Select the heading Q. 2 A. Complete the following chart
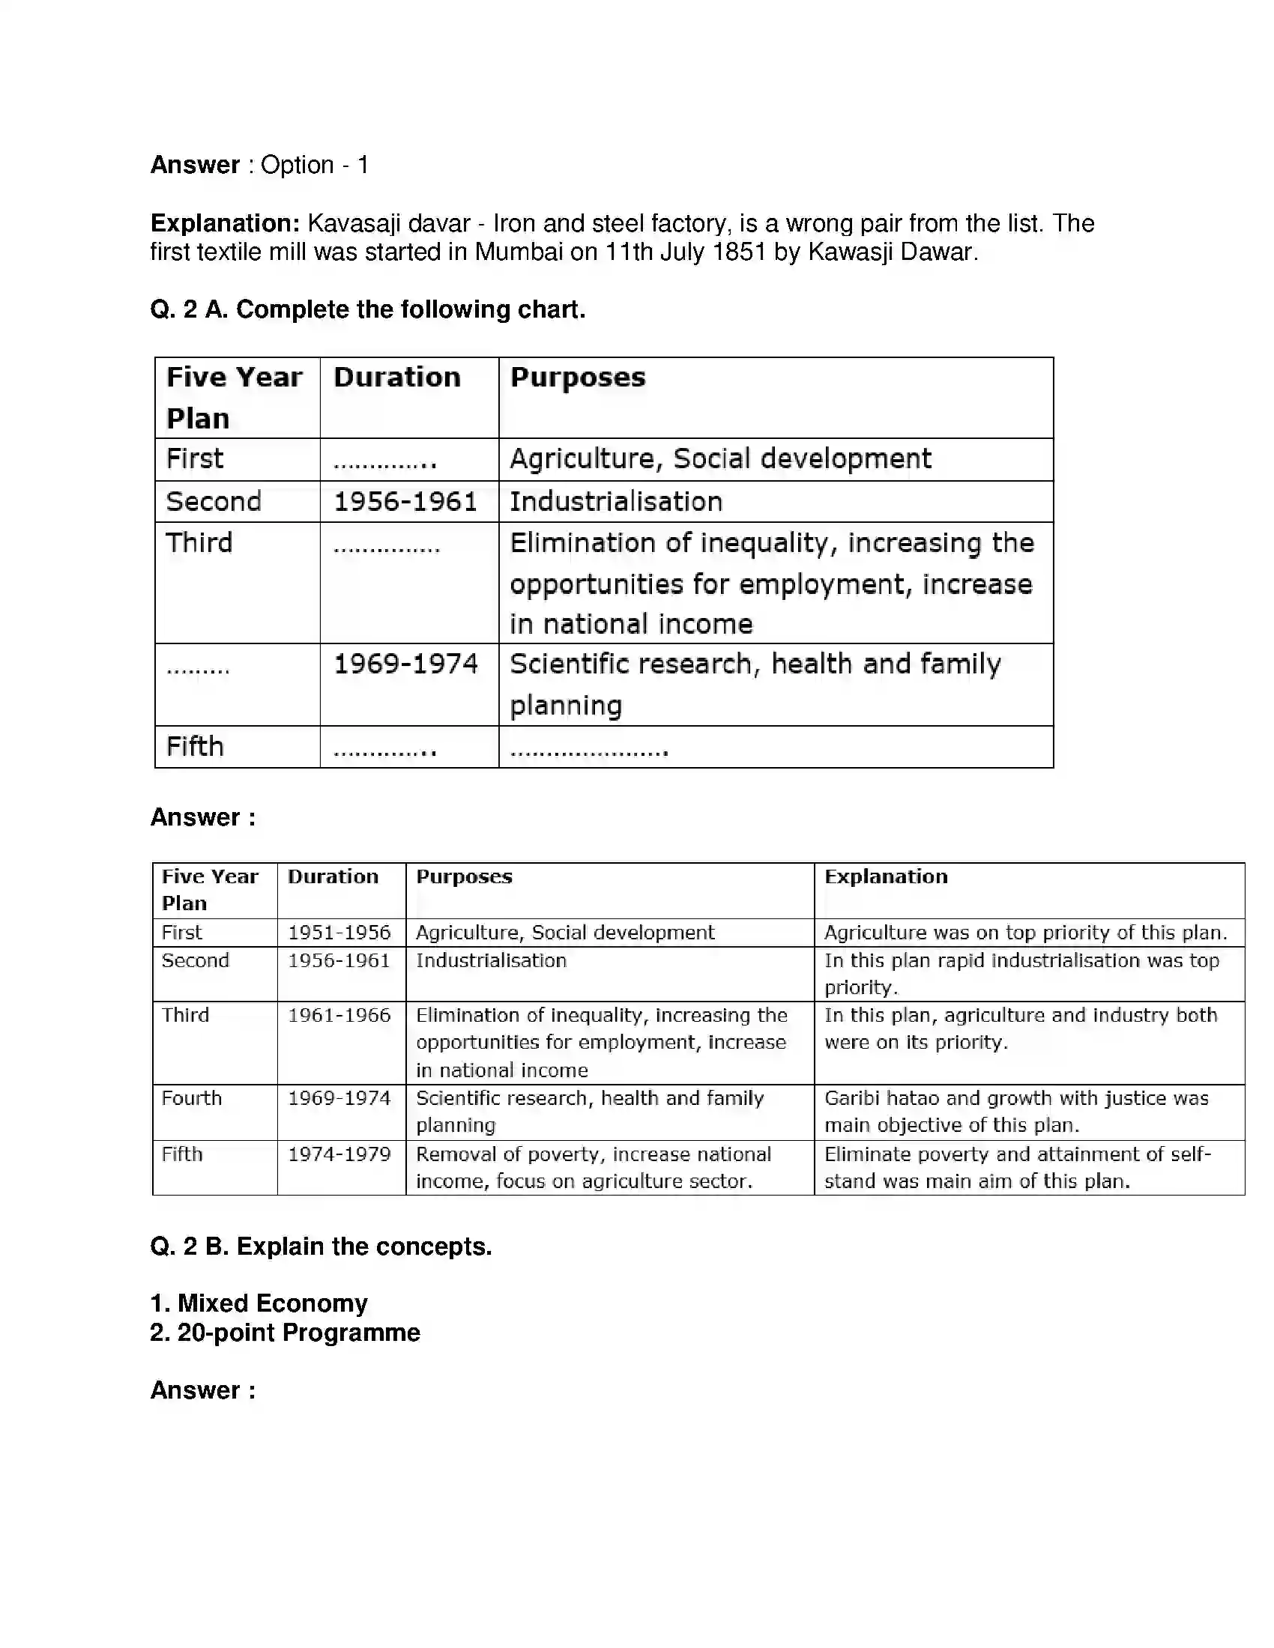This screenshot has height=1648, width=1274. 367,309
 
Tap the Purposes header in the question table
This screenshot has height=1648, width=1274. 577,378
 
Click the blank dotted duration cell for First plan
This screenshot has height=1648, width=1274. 385,460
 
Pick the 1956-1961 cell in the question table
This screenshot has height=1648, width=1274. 405,502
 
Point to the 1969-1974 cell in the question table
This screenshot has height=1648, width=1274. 405,664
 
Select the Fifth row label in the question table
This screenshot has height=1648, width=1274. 195,746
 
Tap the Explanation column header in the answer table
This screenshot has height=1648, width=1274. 885,876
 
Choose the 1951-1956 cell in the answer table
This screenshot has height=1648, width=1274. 339,933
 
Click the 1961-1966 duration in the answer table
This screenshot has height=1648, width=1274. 339,1015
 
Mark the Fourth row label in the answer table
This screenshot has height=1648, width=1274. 192,1098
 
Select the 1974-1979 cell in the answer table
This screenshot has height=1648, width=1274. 339,1154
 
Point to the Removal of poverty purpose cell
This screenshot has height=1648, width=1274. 594,1166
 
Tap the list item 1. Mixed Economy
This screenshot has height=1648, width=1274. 259,1303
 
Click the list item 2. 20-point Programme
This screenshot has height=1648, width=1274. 285,1333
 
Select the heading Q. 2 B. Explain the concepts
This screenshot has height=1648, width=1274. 321,1246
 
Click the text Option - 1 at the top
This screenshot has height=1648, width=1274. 314,166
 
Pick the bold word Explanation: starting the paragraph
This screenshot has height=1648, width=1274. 225,223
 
